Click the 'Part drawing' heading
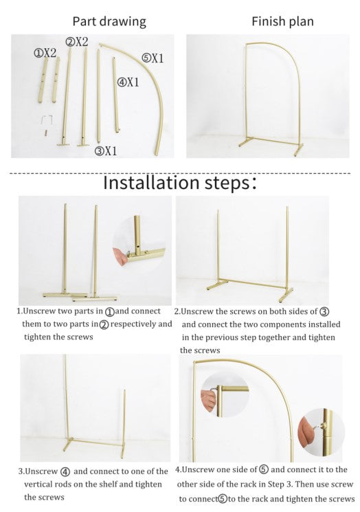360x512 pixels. tap(109, 21)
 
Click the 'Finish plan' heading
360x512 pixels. tap(282, 21)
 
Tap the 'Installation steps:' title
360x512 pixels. tap(180, 183)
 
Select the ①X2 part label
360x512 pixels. tap(45, 53)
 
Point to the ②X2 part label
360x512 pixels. tap(77, 42)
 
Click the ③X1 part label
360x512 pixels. tap(105, 151)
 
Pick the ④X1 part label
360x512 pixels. tap(128, 82)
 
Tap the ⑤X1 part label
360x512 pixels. tap(153, 58)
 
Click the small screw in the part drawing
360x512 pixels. tap(46, 133)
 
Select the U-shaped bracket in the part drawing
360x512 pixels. tap(47, 120)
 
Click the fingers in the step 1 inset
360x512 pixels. tap(120, 256)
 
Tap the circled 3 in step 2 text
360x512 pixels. tap(324, 311)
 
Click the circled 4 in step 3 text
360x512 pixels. tap(65, 472)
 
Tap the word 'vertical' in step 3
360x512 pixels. tap(38, 485)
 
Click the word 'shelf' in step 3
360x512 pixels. tap(107, 485)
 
